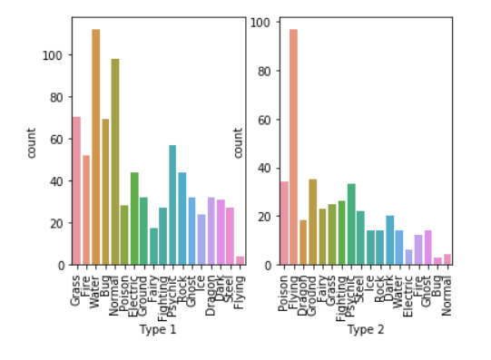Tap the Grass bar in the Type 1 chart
[x=76, y=190]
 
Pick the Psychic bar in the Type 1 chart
[x=172, y=205]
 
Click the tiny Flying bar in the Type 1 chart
[x=240, y=260]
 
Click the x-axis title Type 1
[x=158, y=329]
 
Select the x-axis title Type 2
[x=365, y=329]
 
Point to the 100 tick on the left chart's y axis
[x=55, y=55]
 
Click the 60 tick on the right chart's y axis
[x=266, y=119]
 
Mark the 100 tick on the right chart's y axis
[x=263, y=22]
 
